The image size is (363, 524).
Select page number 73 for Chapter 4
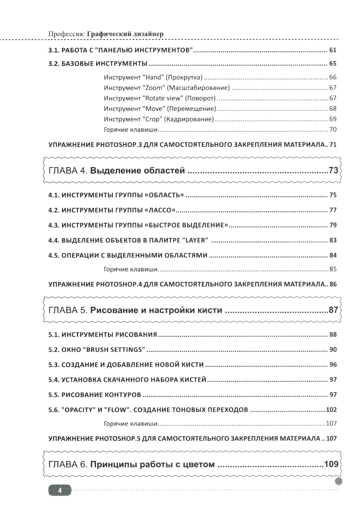pos(333,170)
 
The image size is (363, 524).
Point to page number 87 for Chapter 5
pos(333,310)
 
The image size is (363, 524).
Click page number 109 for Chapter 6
pos(331,464)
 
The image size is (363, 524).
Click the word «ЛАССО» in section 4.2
pos(160,210)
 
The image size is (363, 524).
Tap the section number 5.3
pos(53,365)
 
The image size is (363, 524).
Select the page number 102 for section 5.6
pos(331,410)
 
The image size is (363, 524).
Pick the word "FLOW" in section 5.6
pos(117,410)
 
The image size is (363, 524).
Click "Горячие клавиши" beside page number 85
pos(130,269)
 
